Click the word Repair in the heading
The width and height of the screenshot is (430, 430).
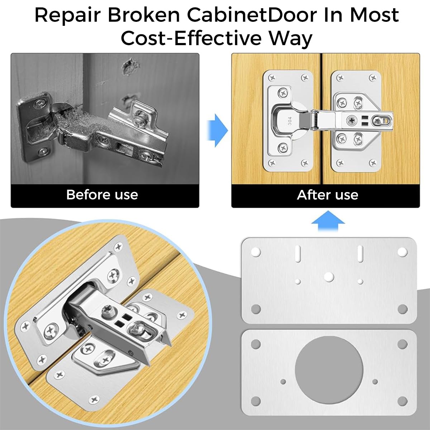(x=68, y=15)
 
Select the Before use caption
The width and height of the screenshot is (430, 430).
(x=102, y=195)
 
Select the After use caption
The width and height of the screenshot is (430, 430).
(x=328, y=195)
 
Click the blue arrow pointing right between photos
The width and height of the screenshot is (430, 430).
(x=218, y=130)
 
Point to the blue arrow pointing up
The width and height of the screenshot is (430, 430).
(x=328, y=222)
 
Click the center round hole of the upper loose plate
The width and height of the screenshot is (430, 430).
(x=329, y=276)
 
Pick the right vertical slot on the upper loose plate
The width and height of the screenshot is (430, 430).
(x=361, y=253)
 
